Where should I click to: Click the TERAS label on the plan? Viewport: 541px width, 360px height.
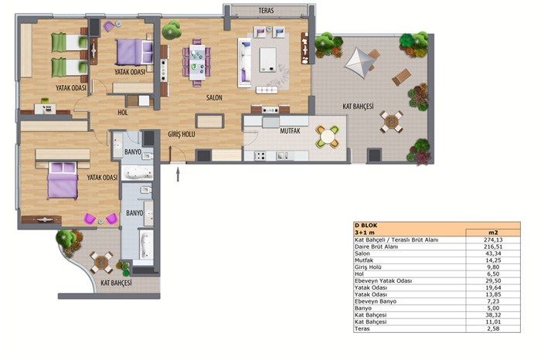[266, 11]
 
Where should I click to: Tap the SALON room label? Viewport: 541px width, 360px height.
[214, 97]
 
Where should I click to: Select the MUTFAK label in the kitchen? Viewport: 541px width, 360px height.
[290, 131]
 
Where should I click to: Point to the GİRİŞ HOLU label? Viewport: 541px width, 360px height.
[182, 134]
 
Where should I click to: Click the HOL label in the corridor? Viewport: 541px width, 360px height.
[122, 113]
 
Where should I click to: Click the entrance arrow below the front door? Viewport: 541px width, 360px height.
[178, 175]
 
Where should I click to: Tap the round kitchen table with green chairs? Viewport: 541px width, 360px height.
[328, 138]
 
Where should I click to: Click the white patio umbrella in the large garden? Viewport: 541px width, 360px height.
[360, 63]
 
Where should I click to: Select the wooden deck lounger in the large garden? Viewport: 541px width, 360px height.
[402, 77]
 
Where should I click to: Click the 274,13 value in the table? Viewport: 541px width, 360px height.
[493, 239]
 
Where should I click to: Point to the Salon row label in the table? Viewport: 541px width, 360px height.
[362, 253]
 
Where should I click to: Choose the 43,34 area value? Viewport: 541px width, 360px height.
[493, 253]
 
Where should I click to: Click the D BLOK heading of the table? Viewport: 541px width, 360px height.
[366, 226]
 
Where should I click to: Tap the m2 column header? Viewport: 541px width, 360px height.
[493, 233]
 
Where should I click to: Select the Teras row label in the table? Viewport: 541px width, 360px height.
[362, 328]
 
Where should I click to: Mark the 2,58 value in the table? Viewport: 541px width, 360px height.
[493, 328]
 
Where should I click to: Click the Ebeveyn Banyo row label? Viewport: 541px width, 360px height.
[376, 301]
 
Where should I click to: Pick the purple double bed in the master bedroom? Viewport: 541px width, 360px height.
[63, 181]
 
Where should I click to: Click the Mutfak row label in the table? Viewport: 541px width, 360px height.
[364, 260]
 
